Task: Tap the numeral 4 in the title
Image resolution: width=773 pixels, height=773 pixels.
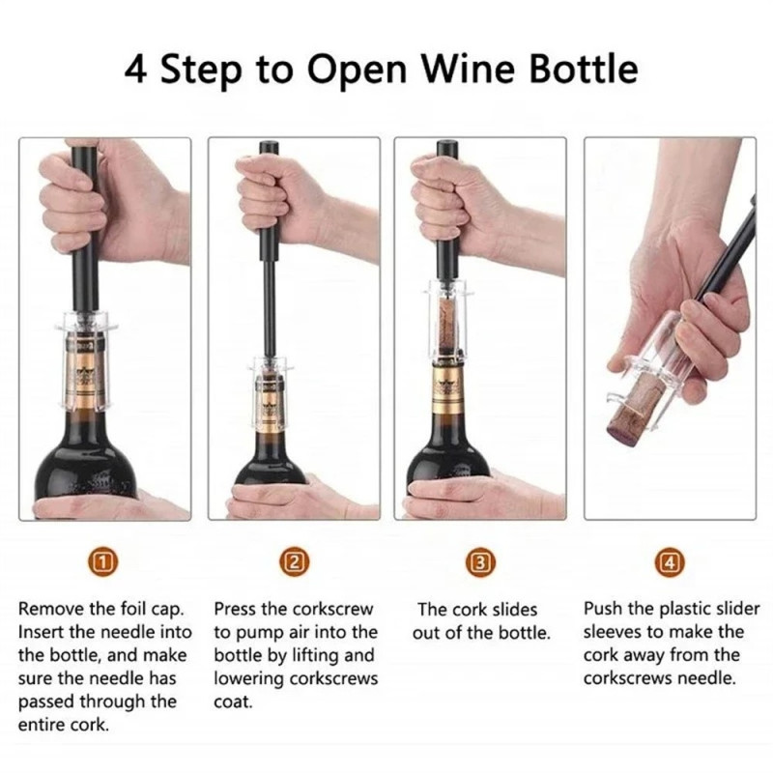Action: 137,70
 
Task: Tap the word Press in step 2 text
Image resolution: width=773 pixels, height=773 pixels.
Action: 237,610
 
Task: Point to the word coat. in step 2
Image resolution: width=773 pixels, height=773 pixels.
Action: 232,702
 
